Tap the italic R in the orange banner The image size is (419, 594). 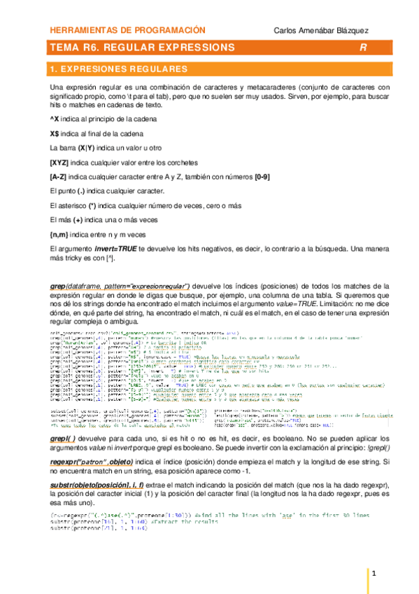pos(363,48)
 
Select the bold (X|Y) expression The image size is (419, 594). pos(87,148)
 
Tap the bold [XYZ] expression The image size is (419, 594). pos(59,163)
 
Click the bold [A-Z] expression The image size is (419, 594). pos(58,177)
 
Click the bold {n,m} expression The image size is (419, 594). pos(59,235)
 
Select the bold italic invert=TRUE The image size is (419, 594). pos(116,249)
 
